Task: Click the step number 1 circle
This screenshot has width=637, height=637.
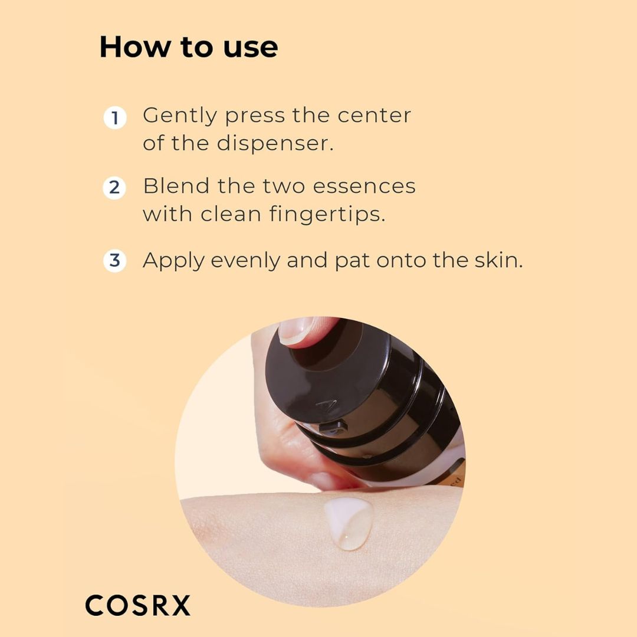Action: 115,118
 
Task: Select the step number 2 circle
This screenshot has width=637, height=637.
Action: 114,188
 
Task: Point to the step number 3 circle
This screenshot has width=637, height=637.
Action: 115,261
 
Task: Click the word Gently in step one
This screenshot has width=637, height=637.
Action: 180,117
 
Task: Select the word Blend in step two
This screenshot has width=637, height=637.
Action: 176,186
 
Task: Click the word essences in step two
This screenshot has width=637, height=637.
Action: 364,187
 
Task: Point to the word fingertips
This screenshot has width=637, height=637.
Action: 327,214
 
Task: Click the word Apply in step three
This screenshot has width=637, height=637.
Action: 173,261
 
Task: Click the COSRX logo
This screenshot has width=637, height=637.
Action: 137,605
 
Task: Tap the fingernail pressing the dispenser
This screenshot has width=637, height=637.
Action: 297,330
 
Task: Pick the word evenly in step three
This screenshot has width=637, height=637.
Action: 245,261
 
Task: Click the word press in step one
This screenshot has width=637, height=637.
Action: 255,117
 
